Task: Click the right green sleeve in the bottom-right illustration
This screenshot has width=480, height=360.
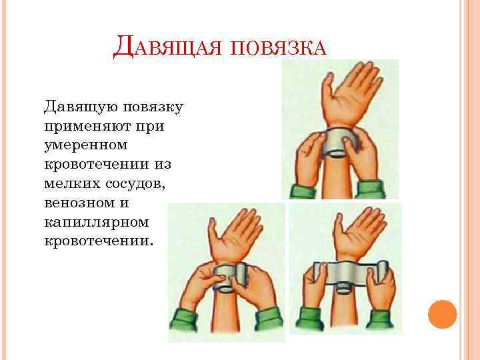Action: [383, 323]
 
